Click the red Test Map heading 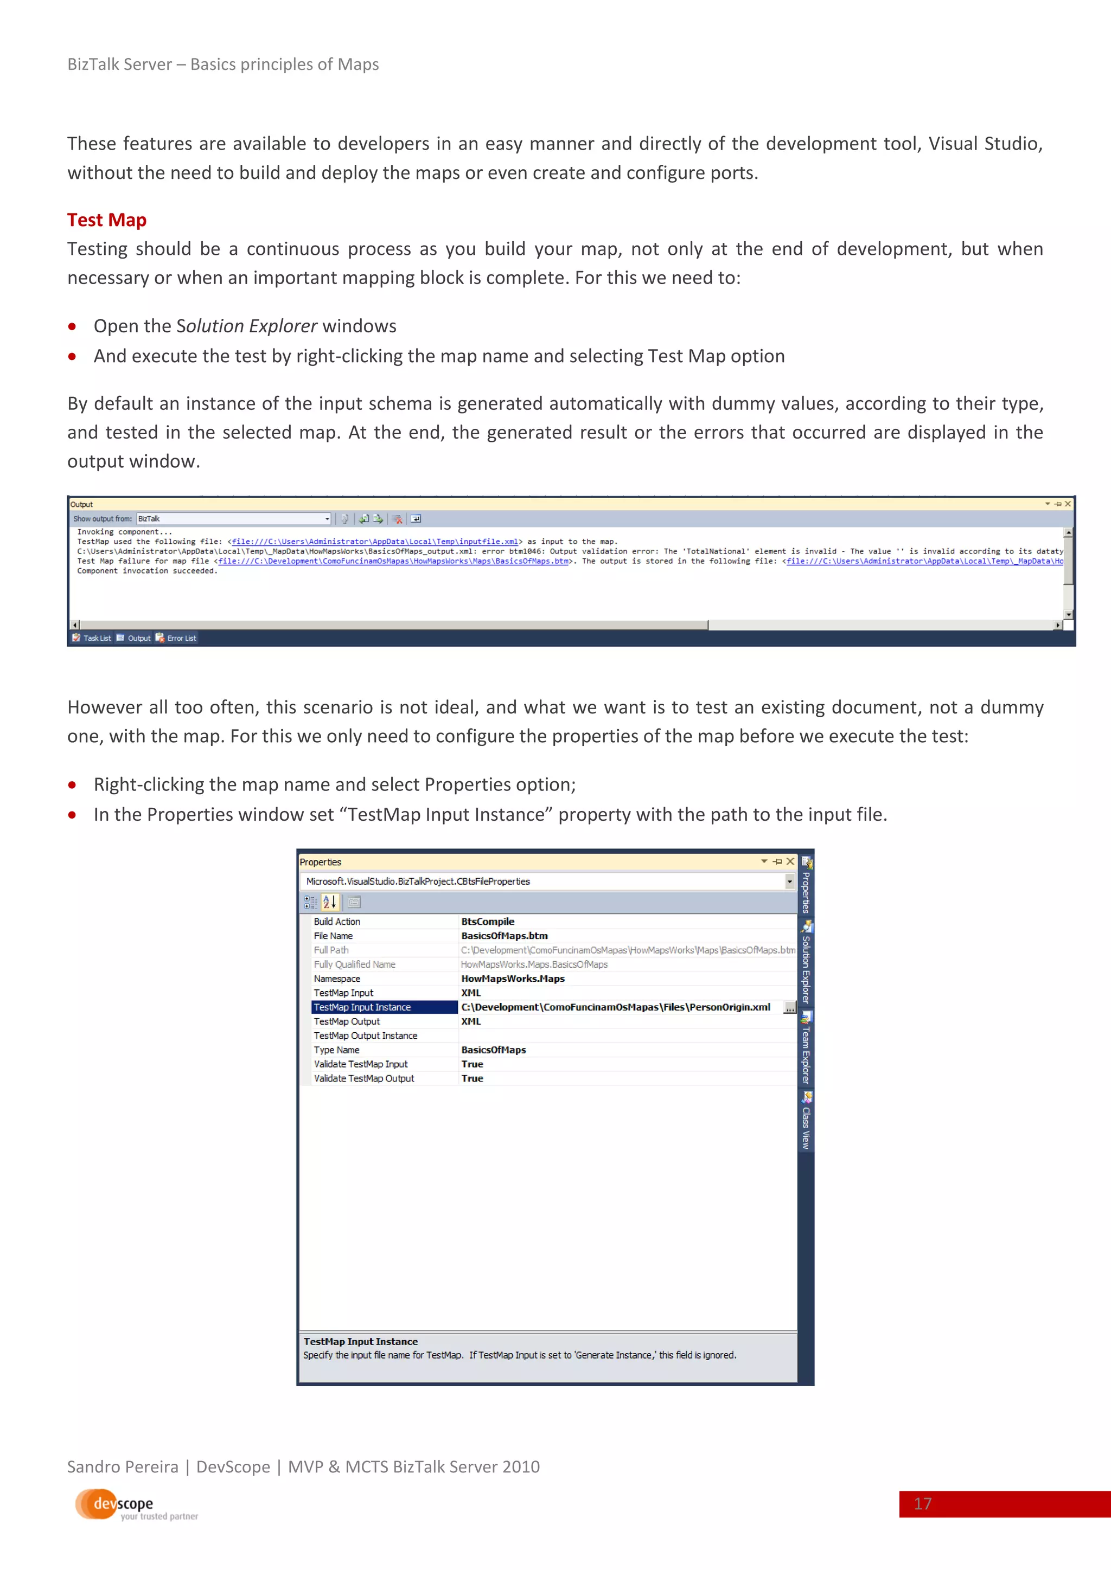(x=107, y=220)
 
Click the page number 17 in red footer (x=922, y=1504)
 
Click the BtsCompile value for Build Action (x=487, y=922)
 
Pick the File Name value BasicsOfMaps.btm (x=504, y=936)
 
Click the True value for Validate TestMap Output (x=472, y=1078)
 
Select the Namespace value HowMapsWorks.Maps (x=513, y=979)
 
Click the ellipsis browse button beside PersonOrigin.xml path (x=790, y=1008)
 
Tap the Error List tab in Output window (x=181, y=638)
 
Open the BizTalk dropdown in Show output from (x=327, y=519)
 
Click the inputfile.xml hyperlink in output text (x=374, y=542)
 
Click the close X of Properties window (x=790, y=861)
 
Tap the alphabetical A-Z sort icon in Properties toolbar (x=329, y=902)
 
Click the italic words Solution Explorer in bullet (x=247, y=326)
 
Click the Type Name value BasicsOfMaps (x=493, y=1050)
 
